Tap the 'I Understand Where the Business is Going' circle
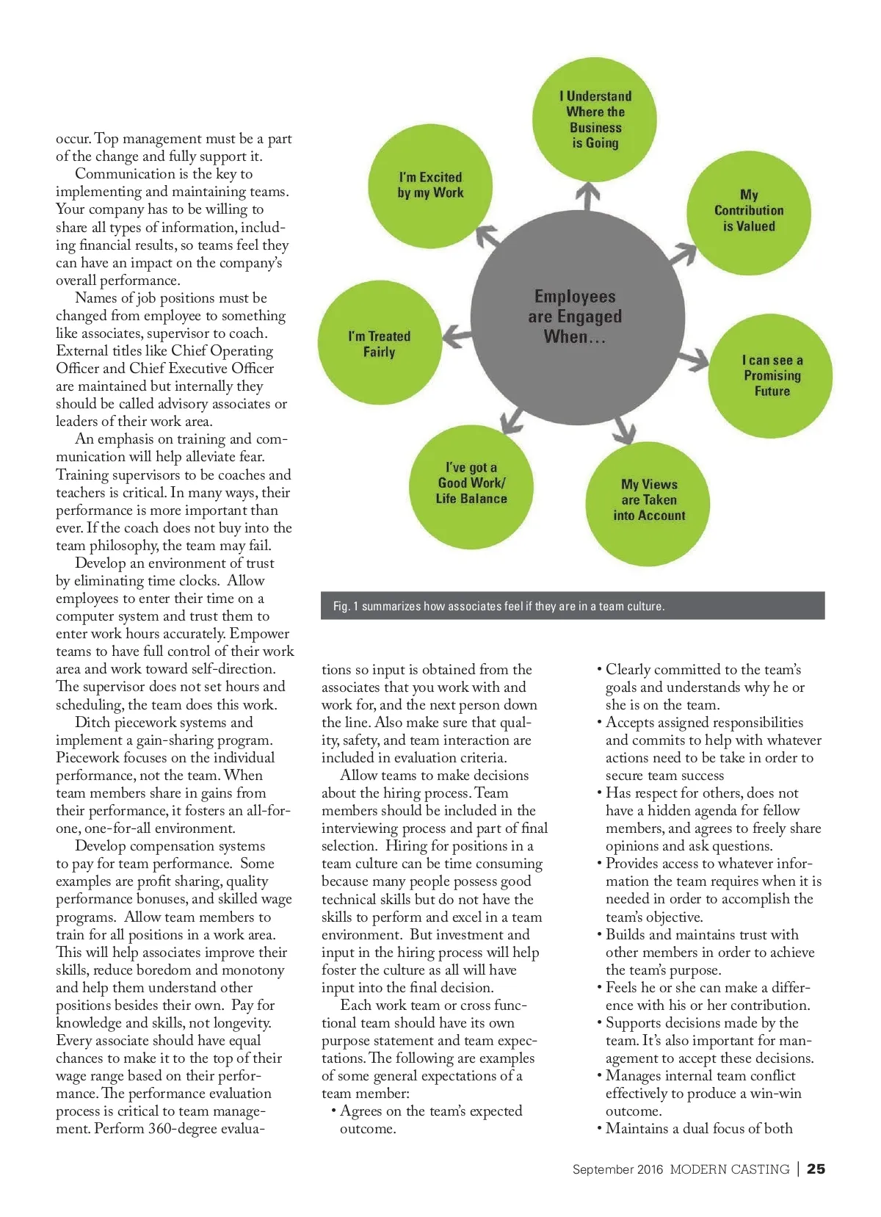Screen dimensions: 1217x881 tap(595, 119)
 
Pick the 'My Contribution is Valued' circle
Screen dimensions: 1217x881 tap(749, 212)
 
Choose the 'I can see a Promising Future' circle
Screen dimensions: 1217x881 tap(771, 376)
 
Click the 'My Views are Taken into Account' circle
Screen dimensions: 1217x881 tap(649, 501)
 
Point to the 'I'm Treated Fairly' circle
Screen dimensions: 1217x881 tap(380, 344)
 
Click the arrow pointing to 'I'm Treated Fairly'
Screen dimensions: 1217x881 tap(457, 336)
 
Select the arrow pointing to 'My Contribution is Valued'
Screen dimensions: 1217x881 tap(682, 253)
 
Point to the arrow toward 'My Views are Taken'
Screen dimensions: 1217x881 tap(625, 429)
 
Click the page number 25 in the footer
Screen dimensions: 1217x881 tap(816, 1169)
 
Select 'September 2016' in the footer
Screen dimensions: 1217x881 tap(617, 1169)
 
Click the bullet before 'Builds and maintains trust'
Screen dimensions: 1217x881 tap(600, 935)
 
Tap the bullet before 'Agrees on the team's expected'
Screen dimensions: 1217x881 tap(334, 1111)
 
